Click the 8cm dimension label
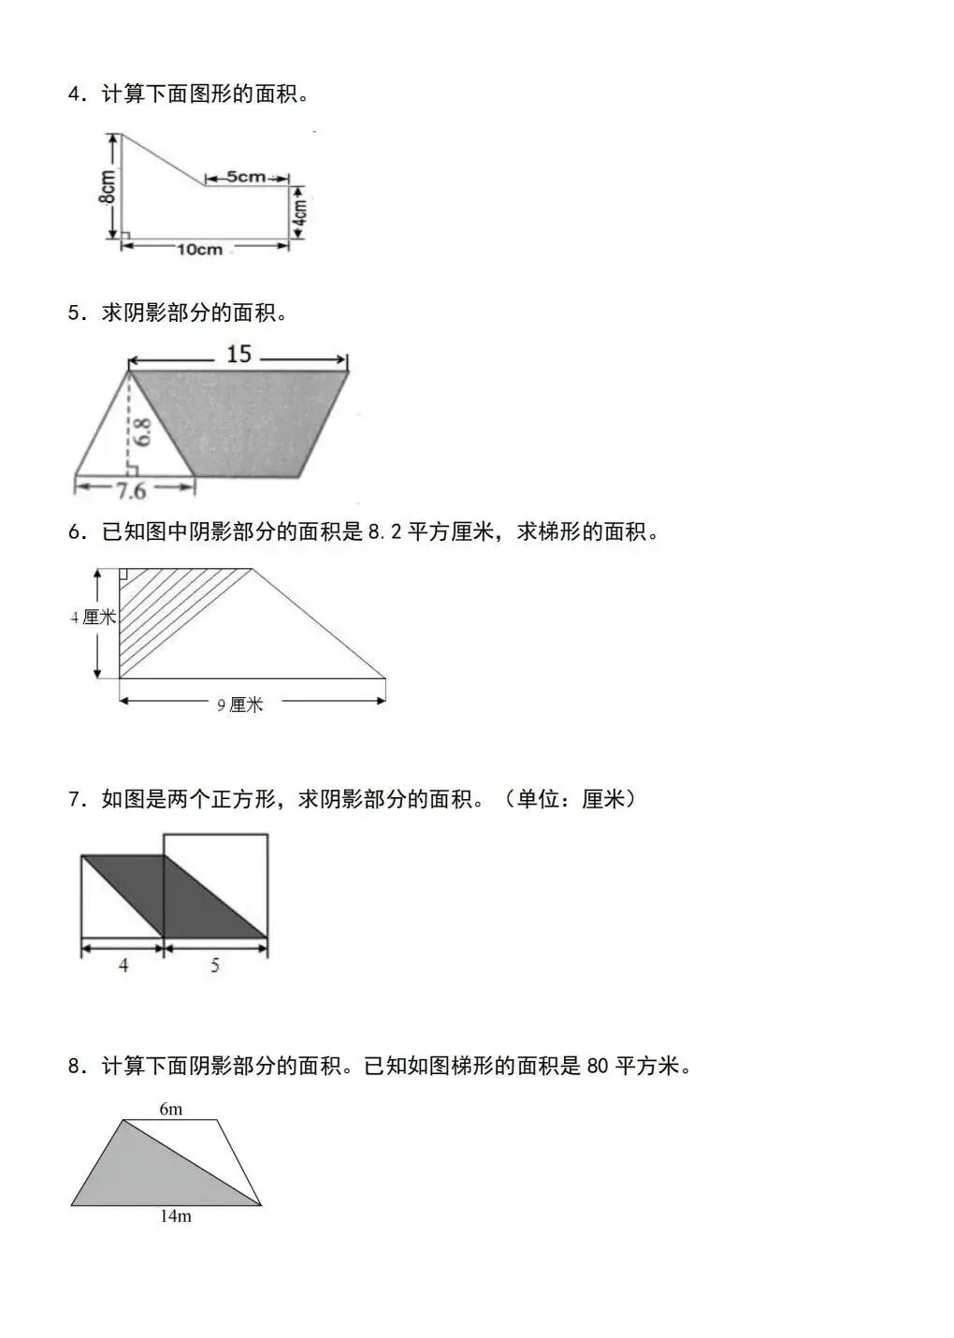[108, 187]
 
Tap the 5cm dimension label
[245, 177]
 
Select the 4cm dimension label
[299, 212]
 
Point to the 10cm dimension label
[200, 249]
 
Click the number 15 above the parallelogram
[238, 354]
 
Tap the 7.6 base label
[131, 490]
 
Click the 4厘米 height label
[94, 618]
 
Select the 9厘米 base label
[240, 705]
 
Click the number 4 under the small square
[123, 965]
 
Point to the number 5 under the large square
[214, 965]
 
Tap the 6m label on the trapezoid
[170, 1110]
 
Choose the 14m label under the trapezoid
[175, 1216]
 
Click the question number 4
[74, 95]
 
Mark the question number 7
[74, 800]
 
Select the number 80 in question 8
[600, 1067]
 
